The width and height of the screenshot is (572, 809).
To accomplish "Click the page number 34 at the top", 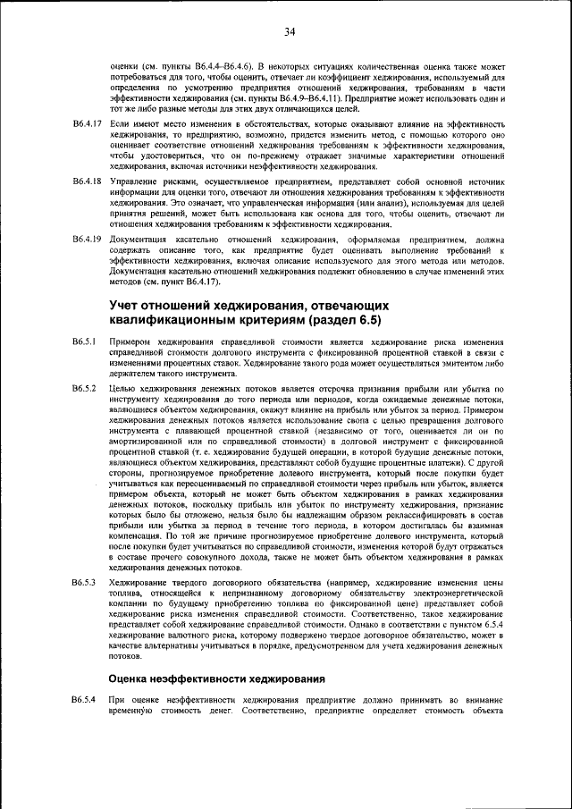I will [290, 32].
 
